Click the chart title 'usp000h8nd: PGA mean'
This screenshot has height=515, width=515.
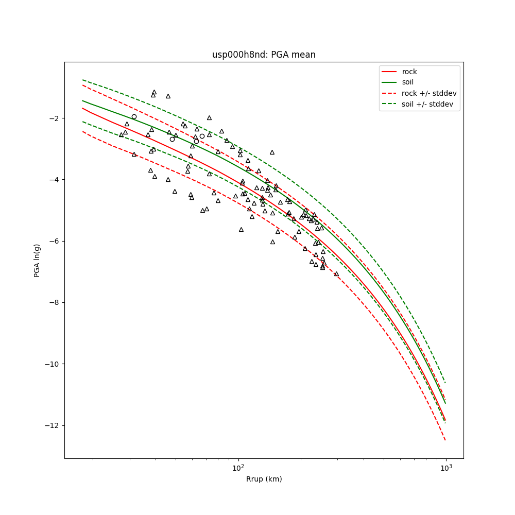[x=264, y=55]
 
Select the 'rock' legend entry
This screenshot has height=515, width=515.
[x=409, y=72]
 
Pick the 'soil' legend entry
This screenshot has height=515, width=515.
[x=407, y=82]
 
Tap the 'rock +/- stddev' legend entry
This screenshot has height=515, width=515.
[x=429, y=93]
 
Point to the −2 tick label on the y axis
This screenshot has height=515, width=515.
[x=54, y=118]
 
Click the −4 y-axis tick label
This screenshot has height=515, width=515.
[x=54, y=180]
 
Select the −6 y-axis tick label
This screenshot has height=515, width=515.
[x=54, y=241]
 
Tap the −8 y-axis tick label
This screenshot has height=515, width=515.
[x=54, y=303]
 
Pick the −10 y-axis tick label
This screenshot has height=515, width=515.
[x=51, y=364]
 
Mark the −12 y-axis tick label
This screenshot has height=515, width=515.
[x=51, y=425]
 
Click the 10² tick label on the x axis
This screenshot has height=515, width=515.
[x=238, y=467]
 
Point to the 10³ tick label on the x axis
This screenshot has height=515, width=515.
[x=445, y=467]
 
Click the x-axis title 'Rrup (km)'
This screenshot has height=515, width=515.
[x=264, y=479]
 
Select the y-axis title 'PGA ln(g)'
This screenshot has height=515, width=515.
[x=37, y=260]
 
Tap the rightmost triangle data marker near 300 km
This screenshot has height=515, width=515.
[x=336, y=273]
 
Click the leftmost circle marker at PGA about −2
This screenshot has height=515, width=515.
[x=134, y=116]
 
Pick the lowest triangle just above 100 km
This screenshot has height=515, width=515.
[x=241, y=229]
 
